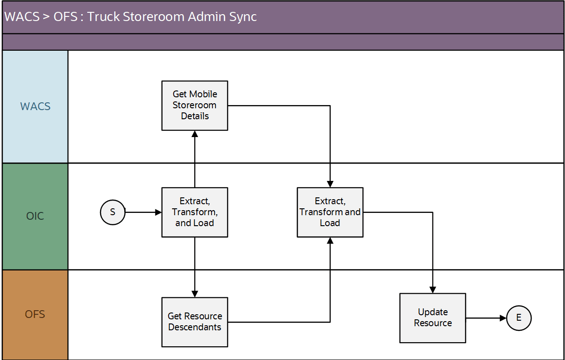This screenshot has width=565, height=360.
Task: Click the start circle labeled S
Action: pyautogui.click(x=112, y=212)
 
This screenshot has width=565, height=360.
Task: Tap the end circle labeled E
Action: pyautogui.click(x=519, y=318)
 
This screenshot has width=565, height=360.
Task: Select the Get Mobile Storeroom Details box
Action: pyautogui.click(x=195, y=106)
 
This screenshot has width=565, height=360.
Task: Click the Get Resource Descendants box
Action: pyautogui.click(x=195, y=322)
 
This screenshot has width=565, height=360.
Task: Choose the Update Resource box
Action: pyautogui.click(x=433, y=318)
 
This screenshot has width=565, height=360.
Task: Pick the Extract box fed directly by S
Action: pyautogui.click(x=195, y=212)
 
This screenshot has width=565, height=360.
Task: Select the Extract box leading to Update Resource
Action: pyautogui.click(x=330, y=212)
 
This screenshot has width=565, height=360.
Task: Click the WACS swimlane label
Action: pyautogui.click(x=35, y=106)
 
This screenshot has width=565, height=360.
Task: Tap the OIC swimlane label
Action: pyautogui.click(x=35, y=216)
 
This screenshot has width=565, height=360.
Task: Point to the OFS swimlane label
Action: pyautogui.click(x=35, y=314)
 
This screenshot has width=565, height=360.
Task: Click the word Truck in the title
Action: pyautogui.click(x=101, y=17)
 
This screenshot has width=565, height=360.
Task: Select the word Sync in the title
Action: pyautogui.click(x=242, y=17)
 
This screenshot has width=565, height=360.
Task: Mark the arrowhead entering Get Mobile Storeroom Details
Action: pyautogui.click(x=195, y=134)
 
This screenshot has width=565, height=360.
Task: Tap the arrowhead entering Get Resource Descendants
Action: pyautogui.click(x=195, y=294)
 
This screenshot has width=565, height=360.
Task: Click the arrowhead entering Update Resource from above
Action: pyautogui.click(x=433, y=290)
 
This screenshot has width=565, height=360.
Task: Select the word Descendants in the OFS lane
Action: pyautogui.click(x=195, y=327)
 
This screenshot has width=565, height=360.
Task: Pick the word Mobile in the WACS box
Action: pyautogui.click(x=204, y=94)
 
